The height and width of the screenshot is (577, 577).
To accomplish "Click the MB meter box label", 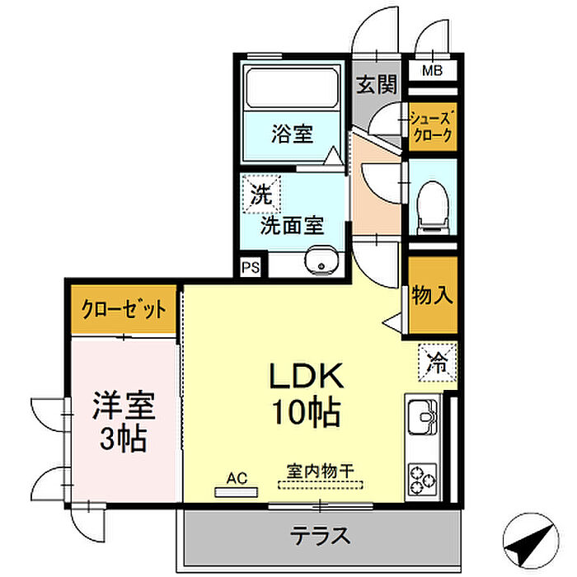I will (x=431, y=72).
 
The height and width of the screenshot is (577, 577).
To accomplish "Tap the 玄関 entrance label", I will (x=378, y=85).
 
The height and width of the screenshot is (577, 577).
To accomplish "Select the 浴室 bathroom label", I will (x=292, y=134).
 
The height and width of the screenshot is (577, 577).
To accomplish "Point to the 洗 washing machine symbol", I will (x=260, y=196).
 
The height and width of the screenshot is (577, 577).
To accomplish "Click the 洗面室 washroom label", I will (x=291, y=225).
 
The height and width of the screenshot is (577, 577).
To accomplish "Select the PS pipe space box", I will (x=252, y=267).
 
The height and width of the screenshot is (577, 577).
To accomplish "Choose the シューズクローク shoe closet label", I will (x=430, y=128).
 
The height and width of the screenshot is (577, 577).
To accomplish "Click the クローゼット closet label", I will (x=124, y=310).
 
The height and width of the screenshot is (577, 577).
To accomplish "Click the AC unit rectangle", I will (x=235, y=492).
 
